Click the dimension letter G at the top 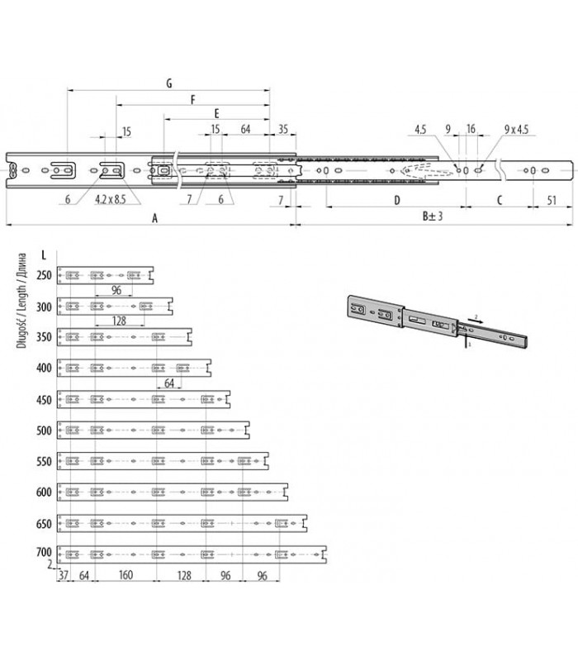(169, 83)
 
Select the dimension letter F (193, 99)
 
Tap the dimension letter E (216, 113)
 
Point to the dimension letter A (154, 218)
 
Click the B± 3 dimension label (433, 216)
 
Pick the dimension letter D (397, 200)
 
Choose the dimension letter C (500, 200)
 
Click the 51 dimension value (552, 200)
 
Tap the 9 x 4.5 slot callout (517, 129)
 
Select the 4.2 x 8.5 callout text (111, 199)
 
